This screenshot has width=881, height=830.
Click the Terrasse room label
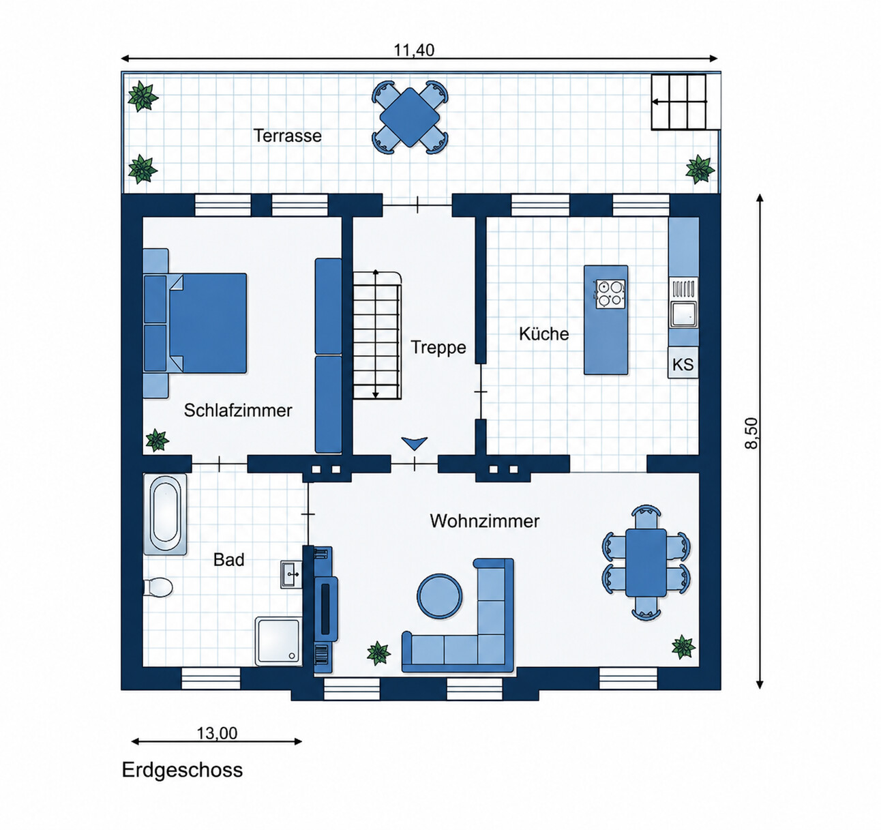click(287, 135)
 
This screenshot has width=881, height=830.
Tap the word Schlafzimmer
click(238, 410)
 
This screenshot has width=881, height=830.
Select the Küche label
click(544, 334)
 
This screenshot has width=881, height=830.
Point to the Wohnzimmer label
click(484, 520)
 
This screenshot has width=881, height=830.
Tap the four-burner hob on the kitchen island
click(610, 294)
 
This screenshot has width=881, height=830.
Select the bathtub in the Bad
click(164, 515)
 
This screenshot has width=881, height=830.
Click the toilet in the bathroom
click(158, 587)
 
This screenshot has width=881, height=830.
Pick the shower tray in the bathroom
click(278, 641)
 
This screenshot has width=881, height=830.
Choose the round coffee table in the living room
click(440, 597)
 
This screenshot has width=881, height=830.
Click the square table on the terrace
click(410, 117)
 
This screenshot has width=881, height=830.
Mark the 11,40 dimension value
click(415, 50)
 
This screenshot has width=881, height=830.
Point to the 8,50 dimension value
click(751, 433)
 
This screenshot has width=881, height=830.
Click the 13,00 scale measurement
click(217, 732)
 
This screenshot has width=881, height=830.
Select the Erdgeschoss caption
click(182, 769)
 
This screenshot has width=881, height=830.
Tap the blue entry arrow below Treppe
click(415, 443)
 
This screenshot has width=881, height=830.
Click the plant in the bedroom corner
click(157, 441)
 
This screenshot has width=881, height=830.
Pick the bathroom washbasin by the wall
click(291, 574)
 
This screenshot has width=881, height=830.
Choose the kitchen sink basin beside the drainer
click(683, 314)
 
